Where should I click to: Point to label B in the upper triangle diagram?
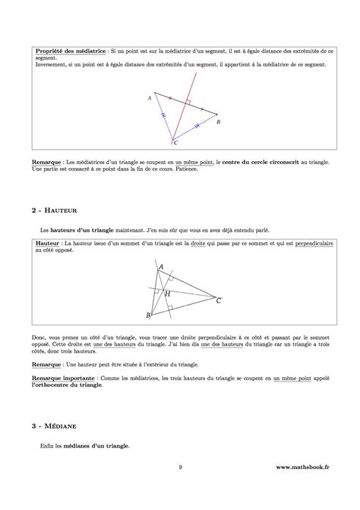[x=219, y=122]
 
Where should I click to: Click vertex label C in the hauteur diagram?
[x=219, y=301]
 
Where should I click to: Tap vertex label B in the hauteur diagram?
[x=148, y=315]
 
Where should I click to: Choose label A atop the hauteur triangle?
[x=160, y=266]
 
